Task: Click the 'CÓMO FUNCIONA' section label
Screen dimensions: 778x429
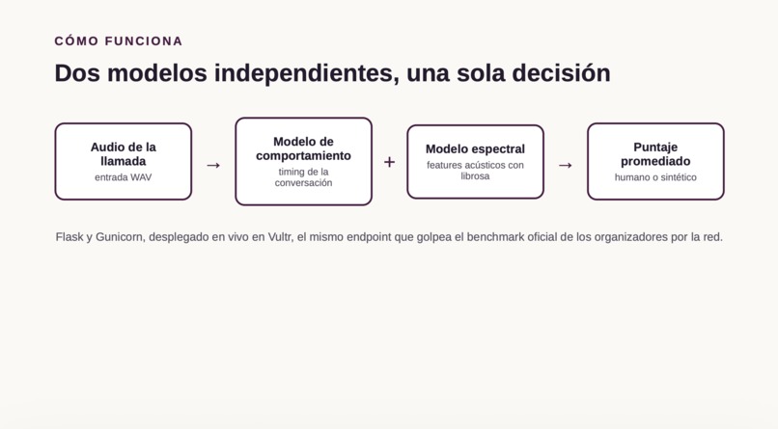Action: click(x=119, y=41)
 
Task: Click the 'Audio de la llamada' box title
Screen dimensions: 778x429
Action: click(x=123, y=154)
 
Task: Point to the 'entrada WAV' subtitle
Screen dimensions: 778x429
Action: click(x=123, y=177)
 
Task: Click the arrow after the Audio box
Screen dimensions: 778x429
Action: click(x=213, y=165)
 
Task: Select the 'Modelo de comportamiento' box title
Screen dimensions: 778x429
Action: click(x=303, y=148)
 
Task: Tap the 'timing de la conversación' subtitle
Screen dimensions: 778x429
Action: click(x=303, y=177)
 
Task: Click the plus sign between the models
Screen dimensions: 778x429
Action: click(x=390, y=162)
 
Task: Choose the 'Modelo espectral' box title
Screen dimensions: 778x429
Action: click(x=475, y=149)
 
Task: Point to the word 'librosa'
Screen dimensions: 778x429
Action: click(x=475, y=176)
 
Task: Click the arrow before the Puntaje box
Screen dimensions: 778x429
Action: click(x=566, y=165)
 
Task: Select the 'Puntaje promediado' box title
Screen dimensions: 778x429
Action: click(x=655, y=154)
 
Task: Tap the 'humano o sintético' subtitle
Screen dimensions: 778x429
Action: click(x=655, y=177)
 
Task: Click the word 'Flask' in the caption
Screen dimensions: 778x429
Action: click(x=69, y=237)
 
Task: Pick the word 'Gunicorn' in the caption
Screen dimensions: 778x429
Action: click(x=120, y=237)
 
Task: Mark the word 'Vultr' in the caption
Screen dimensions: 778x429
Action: click(x=280, y=237)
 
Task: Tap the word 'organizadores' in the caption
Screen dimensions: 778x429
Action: click(x=631, y=237)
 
